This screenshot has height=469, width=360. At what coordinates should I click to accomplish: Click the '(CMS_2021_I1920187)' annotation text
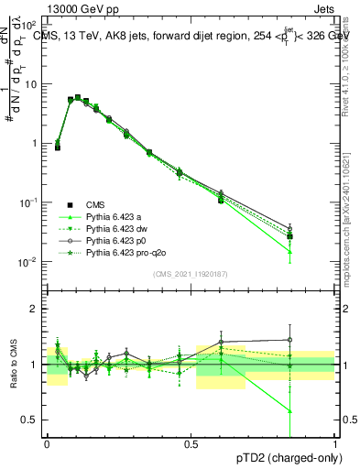[191, 273]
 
